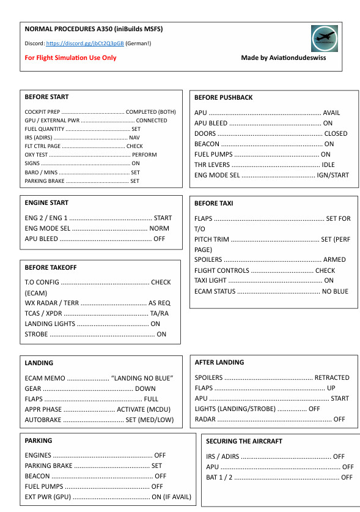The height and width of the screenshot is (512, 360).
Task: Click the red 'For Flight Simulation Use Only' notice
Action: tap(70, 58)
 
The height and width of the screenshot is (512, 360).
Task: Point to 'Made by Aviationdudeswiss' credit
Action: tap(281, 58)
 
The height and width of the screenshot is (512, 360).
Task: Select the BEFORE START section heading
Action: tap(46, 97)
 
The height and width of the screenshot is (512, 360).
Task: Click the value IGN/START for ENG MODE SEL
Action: tap(332, 175)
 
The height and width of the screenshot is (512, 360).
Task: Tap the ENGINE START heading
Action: tap(46, 202)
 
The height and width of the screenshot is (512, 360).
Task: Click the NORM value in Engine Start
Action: tap(160, 228)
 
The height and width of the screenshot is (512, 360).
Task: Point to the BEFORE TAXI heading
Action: tap(213, 203)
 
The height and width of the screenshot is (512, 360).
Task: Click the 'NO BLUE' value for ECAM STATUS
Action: tap(335, 291)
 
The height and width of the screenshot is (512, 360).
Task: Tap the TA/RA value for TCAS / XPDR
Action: tap(160, 313)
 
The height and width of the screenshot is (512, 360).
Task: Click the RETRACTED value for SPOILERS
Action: tap(332, 377)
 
